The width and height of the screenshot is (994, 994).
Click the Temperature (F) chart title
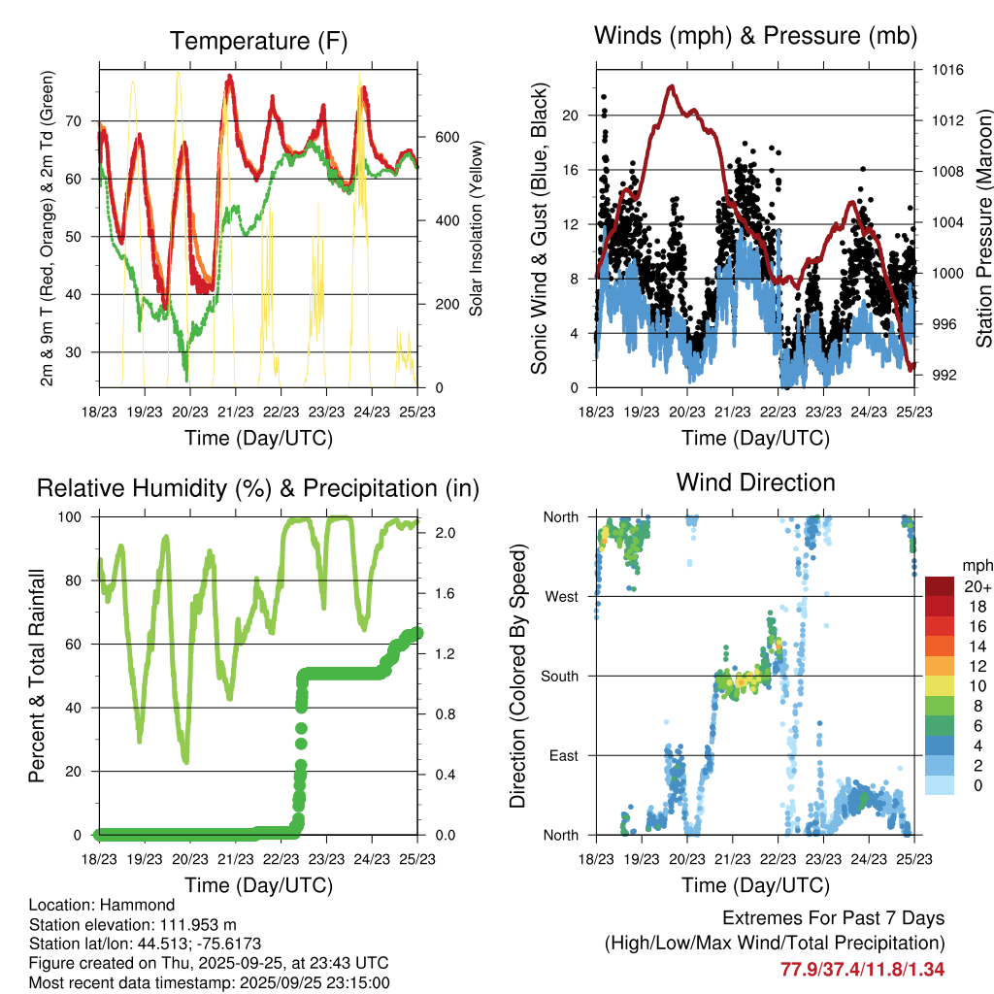point(258,41)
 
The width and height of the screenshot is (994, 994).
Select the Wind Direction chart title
point(755,482)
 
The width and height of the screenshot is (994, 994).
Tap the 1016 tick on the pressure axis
point(947,70)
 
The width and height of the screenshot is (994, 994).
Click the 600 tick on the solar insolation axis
point(445,137)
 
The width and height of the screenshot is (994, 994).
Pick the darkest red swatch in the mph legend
point(939,586)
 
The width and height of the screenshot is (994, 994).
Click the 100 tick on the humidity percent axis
point(78,517)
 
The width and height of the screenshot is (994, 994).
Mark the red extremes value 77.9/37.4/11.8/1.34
point(862,970)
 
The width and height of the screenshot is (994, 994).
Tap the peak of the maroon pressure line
point(671,85)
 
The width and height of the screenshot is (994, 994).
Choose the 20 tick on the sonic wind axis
point(571,116)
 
